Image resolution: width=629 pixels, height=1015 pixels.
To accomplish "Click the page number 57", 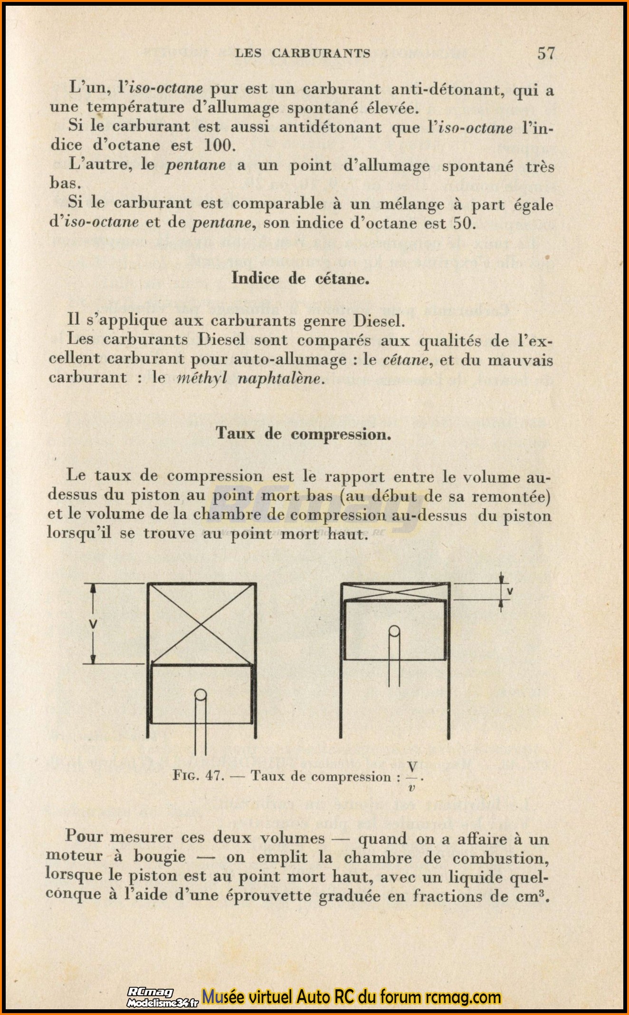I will coord(546,53).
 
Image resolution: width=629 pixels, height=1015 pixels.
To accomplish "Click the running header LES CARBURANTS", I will coord(303,53).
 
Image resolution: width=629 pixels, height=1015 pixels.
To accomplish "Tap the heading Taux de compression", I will coord(304,434).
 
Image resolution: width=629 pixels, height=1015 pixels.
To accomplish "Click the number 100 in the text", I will coord(219,145).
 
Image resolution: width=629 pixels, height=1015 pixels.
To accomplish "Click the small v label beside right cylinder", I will coord(510,591).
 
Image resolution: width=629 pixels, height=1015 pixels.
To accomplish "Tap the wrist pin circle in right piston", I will coord(394,631).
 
